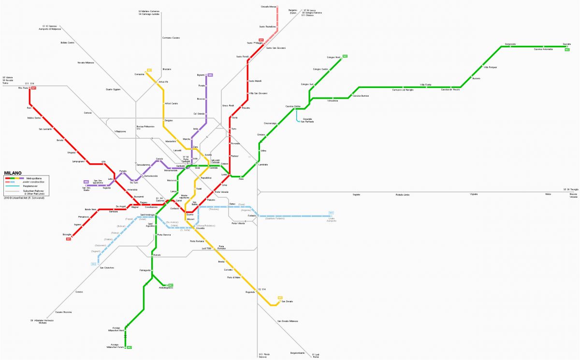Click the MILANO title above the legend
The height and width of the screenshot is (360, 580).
[13, 173]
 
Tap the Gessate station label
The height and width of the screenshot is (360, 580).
[566, 44]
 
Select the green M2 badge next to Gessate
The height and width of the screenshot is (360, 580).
[567, 49]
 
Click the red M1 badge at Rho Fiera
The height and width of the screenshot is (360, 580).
[33, 88]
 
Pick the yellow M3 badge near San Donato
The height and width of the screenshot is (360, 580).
[280, 298]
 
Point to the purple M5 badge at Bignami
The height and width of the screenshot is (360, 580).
[210, 75]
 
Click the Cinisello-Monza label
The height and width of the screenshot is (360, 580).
[268, 7]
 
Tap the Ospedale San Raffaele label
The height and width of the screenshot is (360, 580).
[307, 120]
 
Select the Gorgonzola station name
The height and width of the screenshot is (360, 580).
[510, 44]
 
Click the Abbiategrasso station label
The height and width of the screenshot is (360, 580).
[166, 288]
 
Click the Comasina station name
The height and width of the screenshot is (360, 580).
[140, 74]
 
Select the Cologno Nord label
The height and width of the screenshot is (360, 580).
[334, 57]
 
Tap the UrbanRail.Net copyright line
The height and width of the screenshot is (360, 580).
[24, 198]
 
